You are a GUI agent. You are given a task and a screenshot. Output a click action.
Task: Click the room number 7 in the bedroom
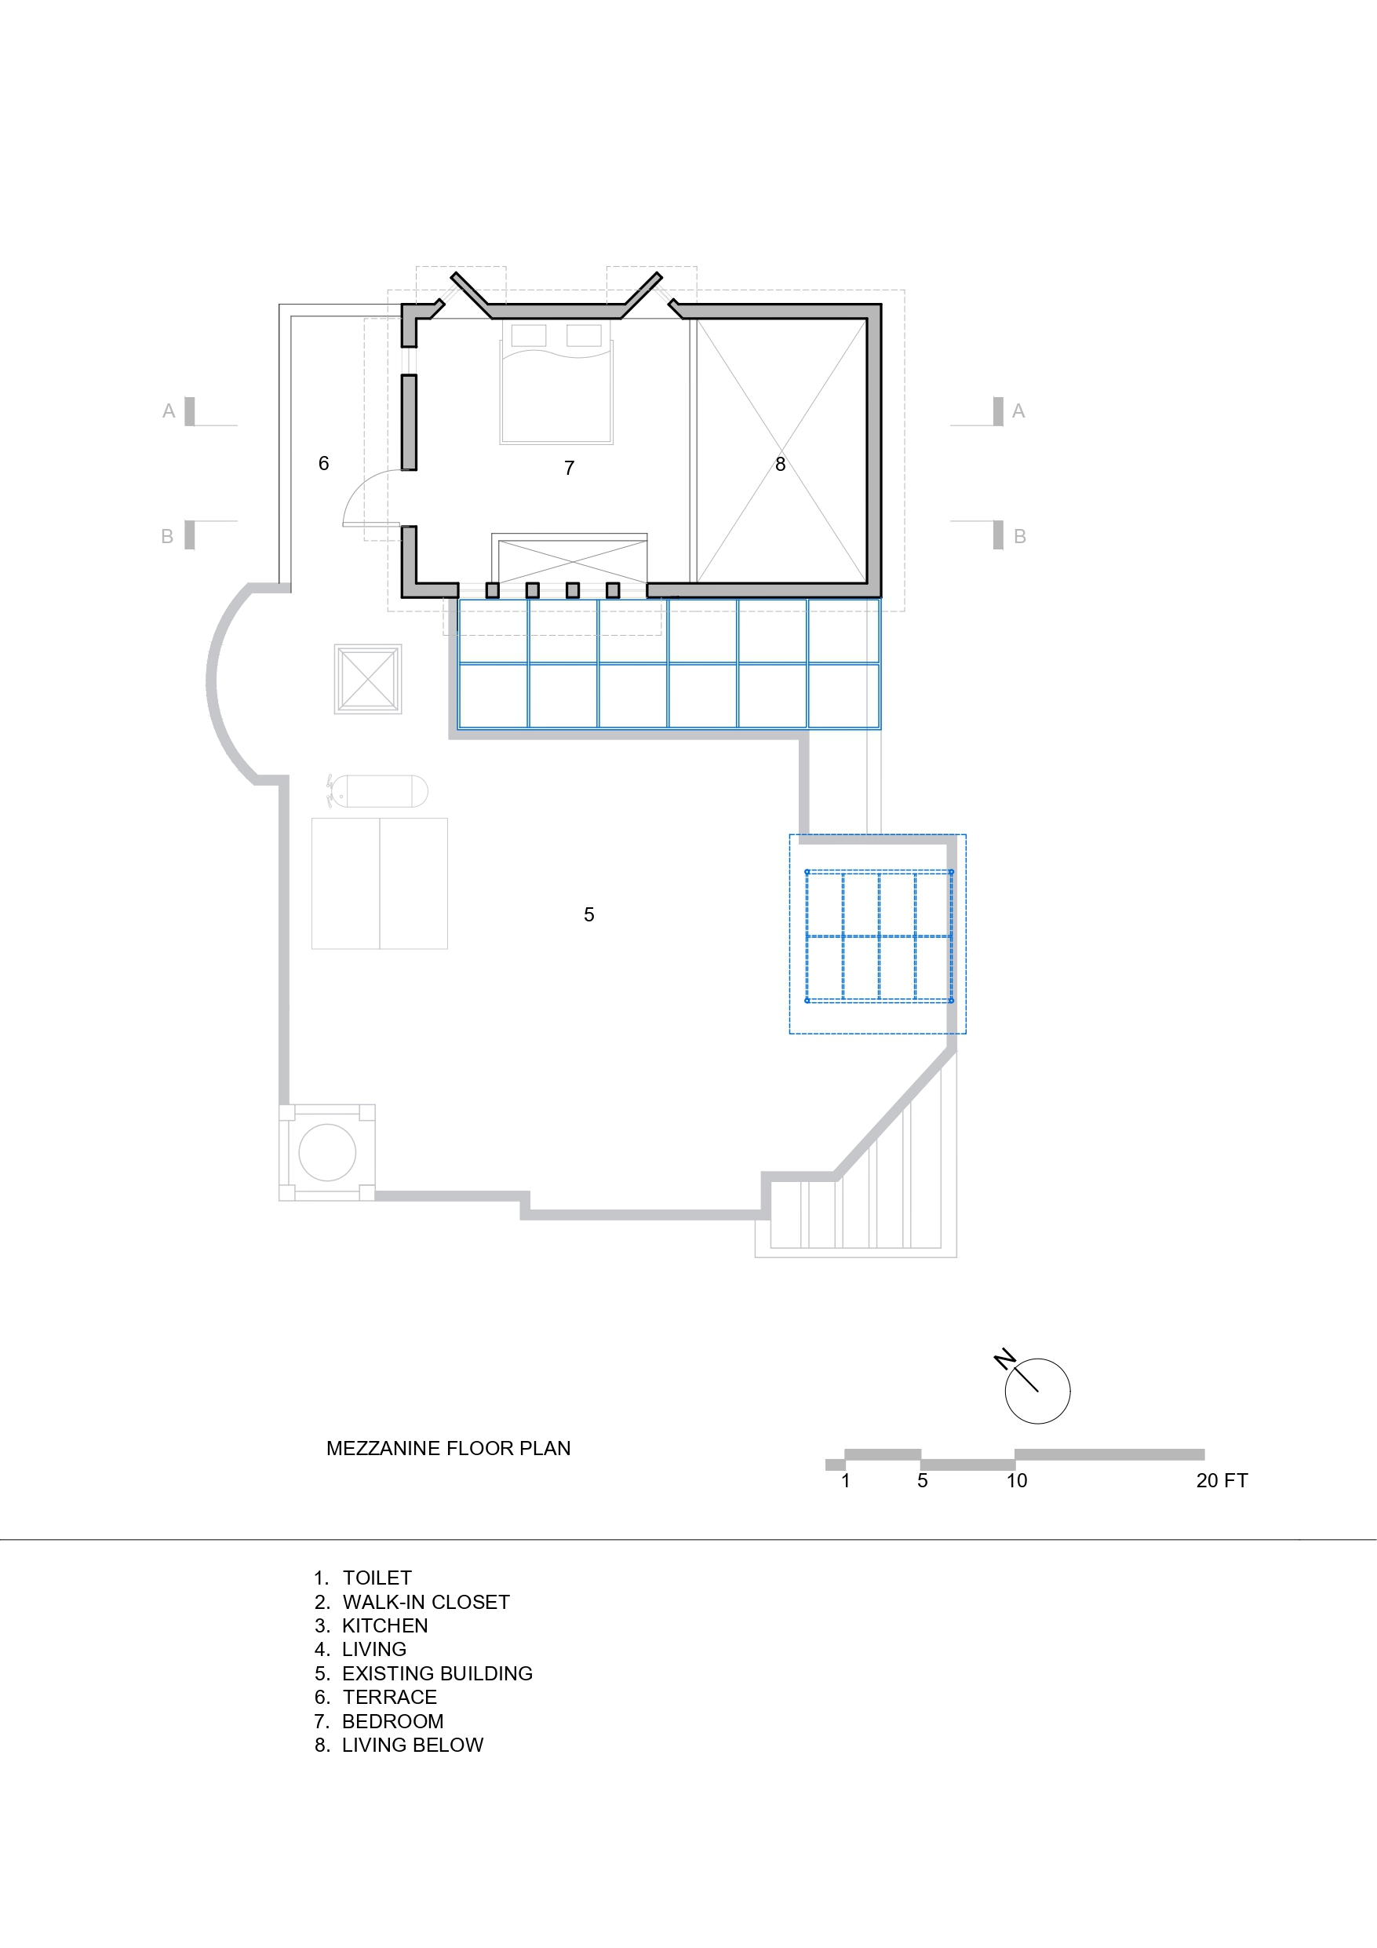point(570,468)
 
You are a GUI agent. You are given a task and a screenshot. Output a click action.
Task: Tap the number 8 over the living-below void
point(780,464)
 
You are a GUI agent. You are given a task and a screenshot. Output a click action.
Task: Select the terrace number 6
point(323,463)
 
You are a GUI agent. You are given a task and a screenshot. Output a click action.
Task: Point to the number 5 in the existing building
point(588,914)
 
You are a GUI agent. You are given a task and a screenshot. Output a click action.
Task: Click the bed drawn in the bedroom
point(556,384)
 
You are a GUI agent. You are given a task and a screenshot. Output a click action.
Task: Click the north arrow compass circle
point(1036,1392)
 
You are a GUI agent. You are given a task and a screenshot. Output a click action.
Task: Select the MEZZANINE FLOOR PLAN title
point(448,1448)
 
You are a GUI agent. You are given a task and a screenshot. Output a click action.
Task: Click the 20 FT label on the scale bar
point(1221,1480)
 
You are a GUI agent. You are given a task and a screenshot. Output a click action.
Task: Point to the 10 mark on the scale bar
point(1016,1480)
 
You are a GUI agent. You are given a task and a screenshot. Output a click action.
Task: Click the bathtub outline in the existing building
point(379,791)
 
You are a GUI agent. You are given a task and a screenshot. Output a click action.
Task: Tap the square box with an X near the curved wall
point(368,679)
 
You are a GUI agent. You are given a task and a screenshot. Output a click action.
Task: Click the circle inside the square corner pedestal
point(327,1152)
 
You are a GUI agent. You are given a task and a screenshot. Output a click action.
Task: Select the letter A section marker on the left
point(169,410)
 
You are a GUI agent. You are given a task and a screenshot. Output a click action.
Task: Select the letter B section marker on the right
point(1020,536)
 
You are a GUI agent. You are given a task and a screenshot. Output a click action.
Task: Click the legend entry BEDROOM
point(392,1721)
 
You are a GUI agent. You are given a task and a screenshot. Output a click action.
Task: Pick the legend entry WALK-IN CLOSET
point(425,1602)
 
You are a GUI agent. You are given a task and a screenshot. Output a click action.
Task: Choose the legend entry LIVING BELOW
point(413,1746)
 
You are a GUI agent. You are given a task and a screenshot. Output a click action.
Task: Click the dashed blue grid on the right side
point(878,936)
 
